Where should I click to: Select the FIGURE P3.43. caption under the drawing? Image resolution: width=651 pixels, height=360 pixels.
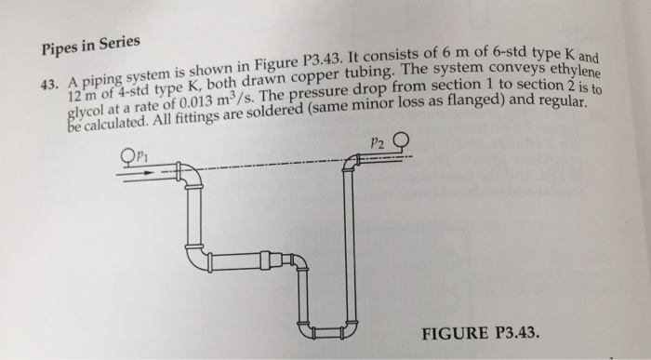pyautogui.click(x=482, y=331)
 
